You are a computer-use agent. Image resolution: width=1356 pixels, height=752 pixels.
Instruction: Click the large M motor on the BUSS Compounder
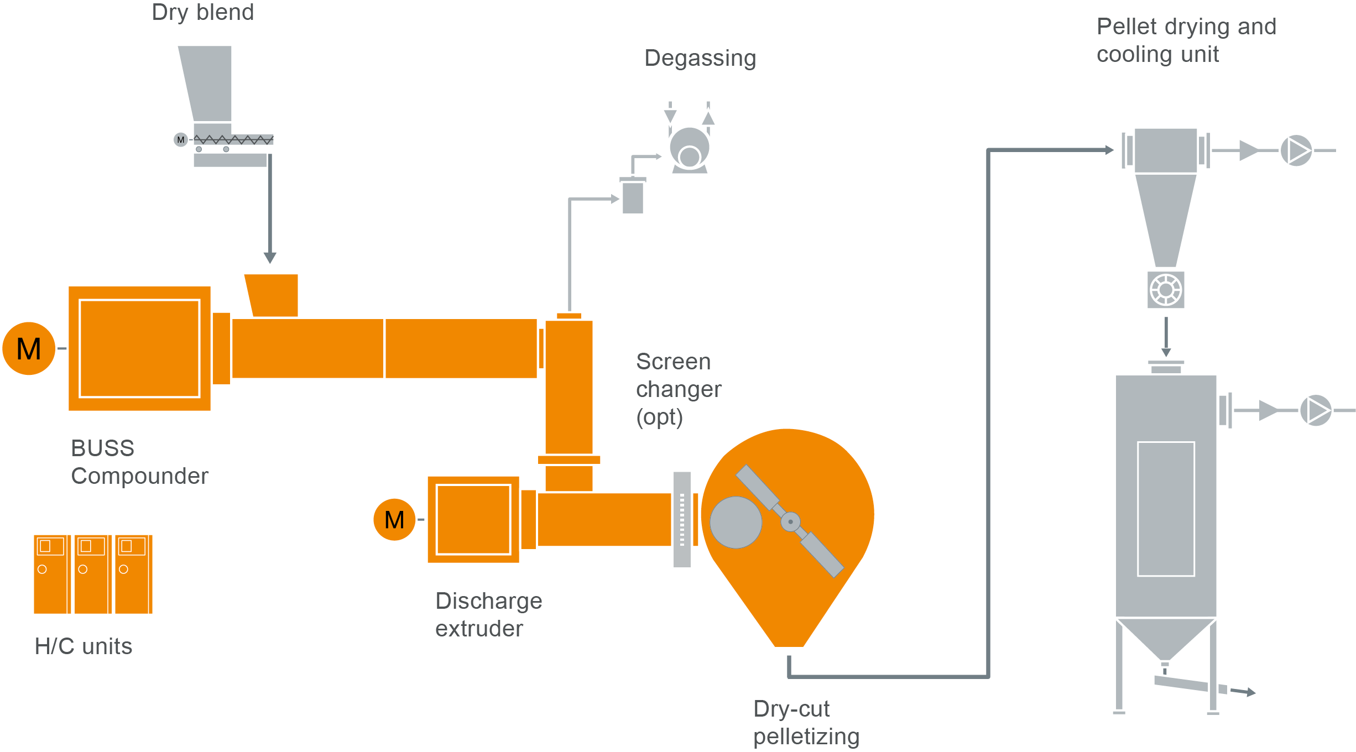[29, 348]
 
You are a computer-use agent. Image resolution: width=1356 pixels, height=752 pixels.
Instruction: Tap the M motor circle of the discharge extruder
[394, 519]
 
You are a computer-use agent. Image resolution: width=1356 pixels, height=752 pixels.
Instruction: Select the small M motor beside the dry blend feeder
[180, 139]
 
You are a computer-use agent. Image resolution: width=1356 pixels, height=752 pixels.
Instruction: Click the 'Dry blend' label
[202, 12]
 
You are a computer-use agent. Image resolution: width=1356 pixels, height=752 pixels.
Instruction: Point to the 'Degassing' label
[700, 58]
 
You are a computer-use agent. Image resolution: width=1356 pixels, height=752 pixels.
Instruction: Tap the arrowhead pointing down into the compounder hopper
[270, 257]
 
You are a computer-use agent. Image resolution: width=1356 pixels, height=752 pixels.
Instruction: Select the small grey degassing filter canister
[633, 196]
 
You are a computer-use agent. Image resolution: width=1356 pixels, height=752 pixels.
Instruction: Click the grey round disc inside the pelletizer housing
[736, 522]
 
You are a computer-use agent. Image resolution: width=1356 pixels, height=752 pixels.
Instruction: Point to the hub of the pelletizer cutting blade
[790, 521]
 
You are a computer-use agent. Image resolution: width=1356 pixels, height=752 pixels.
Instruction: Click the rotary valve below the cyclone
[1166, 290]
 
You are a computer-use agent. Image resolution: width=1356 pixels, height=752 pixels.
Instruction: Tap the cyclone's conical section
[1166, 218]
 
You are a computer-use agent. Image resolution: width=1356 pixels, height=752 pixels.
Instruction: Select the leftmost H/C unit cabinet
[51, 574]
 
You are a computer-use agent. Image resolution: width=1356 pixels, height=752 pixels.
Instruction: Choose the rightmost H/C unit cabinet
[133, 574]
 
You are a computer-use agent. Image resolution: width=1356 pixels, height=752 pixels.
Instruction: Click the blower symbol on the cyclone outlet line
[1296, 150]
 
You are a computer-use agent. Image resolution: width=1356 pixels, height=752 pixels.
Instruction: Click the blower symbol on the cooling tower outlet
[1316, 410]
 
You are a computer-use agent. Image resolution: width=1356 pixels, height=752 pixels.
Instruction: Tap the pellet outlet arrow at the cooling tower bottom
[1244, 691]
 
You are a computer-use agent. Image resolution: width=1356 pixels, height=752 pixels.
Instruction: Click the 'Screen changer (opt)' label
[678, 389]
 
